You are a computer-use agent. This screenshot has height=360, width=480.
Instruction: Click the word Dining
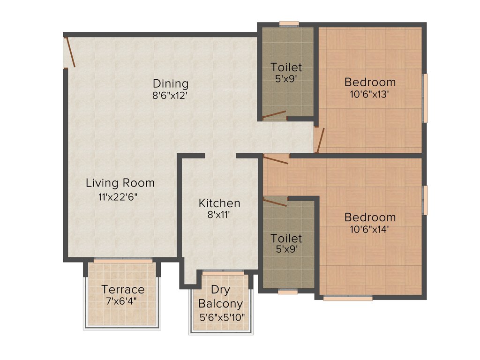click(x=171, y=84)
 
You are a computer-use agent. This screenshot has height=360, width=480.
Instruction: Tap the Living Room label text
click(x=120, y=183)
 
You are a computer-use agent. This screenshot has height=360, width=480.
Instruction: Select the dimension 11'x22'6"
click(x=118, y=197)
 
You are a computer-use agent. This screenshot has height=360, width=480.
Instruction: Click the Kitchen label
click(x=219, y=203)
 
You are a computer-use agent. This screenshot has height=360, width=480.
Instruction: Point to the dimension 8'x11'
click(x=219, y=216)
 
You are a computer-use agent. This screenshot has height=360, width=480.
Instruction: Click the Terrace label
click(x=123, y=289)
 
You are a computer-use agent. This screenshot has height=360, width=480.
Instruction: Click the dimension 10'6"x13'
click(x=370, y=95)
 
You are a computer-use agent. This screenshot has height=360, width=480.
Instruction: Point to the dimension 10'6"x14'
click(x=370, y=230)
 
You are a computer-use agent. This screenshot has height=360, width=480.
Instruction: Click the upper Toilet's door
click(x=274, y=115)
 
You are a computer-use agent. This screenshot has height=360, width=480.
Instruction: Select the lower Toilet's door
click(x=275, y=202)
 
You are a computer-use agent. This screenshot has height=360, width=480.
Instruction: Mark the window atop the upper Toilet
click(x=289, y=23)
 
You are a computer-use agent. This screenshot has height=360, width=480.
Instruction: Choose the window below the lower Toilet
click(x=287, y=292)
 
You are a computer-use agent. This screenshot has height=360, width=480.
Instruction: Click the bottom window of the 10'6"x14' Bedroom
click(x=348, y=297)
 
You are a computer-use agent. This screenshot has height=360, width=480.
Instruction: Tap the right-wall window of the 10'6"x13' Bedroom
click(x=425, y=98)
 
